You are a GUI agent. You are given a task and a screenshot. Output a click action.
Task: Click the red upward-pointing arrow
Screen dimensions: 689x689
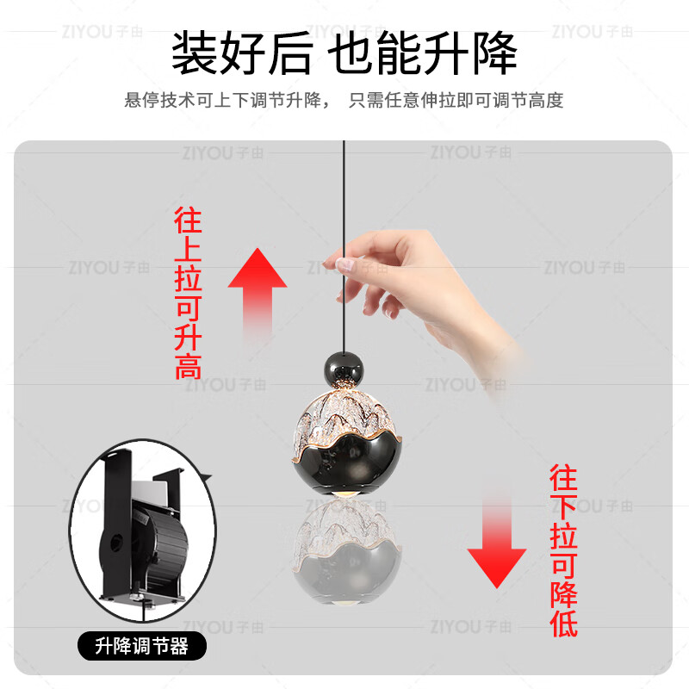pyautogui.click(x=258, y=289)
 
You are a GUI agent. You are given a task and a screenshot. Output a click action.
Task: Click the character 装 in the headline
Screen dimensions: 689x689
pyautogui.click(x=195, y=53)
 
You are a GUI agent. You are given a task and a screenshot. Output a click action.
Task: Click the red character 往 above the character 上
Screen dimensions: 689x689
pyautogui.click(x=188, y=221)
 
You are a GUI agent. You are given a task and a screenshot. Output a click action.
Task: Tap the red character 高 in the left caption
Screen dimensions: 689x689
pyautogui.click(x=188, y=367)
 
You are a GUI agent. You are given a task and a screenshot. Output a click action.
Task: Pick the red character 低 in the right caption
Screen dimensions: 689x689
pyautogui.click(x=563, y=623)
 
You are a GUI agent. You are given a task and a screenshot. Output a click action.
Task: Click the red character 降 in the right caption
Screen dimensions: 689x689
pyautogui.click(x=563, y=593)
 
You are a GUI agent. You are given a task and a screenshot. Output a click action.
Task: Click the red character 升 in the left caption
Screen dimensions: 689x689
pyautogui.click(x=188, y=338)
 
